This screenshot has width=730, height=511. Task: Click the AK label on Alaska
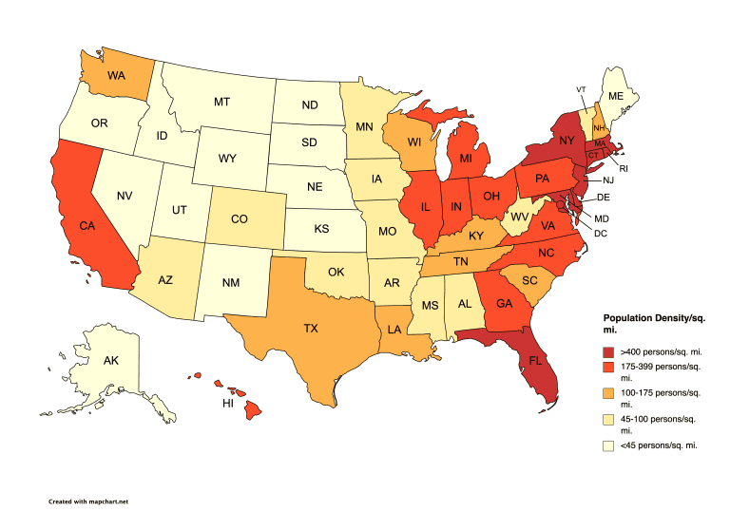point(110,362)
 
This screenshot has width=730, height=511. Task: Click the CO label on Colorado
point(240,218)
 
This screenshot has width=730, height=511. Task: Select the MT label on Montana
point(222,101)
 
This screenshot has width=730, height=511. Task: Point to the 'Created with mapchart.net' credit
point(88,500)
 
